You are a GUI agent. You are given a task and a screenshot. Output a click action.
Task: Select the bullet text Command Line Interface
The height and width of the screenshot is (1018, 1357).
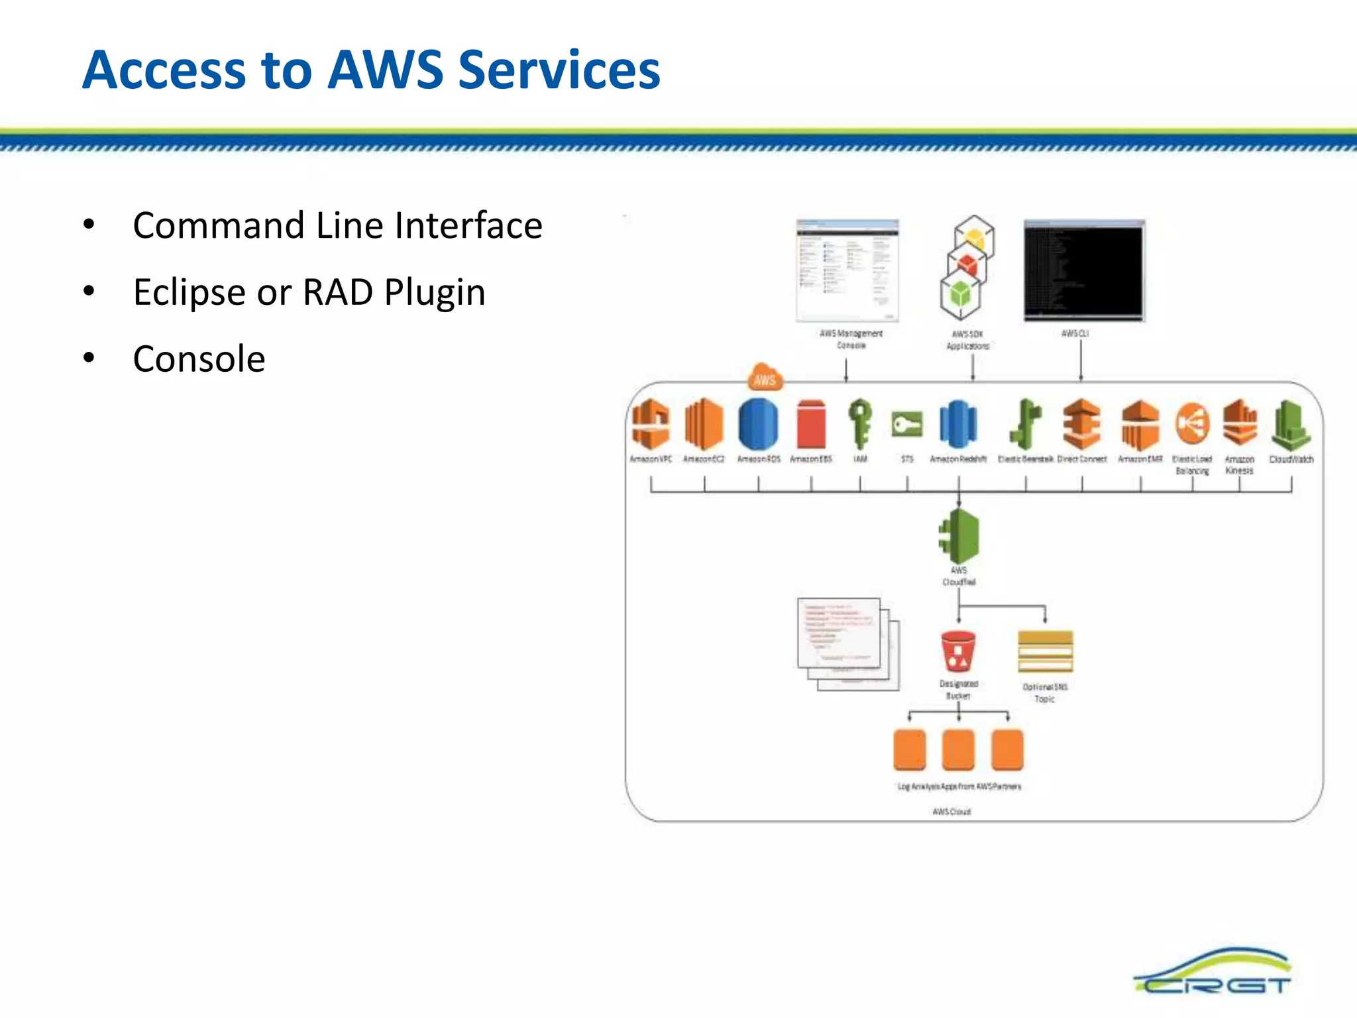click(337, 225)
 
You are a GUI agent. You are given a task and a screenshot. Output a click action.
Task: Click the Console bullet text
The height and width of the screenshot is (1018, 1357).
click(199, 359)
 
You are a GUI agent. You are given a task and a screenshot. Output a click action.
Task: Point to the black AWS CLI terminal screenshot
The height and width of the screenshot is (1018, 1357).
click(1084, 270)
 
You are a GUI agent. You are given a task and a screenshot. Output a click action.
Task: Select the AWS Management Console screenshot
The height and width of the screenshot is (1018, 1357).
click(847, 270)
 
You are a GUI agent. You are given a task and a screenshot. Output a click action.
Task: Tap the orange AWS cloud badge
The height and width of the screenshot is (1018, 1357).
click(764, 378)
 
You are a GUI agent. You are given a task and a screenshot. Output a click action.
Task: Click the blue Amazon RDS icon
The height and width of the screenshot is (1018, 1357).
click(758, 424)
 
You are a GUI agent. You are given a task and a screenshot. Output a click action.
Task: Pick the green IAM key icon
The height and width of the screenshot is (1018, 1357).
click(859, 423)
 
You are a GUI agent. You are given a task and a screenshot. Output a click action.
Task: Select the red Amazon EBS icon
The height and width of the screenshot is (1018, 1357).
click(811, 424)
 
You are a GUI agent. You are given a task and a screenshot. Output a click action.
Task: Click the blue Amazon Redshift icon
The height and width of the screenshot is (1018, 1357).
click(958, 424)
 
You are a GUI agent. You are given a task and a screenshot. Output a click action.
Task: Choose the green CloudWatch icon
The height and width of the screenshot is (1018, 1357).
click(1290, 424)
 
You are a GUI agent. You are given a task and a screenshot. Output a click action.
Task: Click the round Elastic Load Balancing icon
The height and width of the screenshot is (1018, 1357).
click(1192, 424)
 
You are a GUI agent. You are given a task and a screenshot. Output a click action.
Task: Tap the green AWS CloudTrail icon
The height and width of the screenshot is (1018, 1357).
click(959, 536)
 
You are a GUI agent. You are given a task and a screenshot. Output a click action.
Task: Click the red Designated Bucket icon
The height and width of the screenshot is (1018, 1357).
click(958, 651)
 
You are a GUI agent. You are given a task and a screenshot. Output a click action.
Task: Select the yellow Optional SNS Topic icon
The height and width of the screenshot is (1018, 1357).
click(1045, 651)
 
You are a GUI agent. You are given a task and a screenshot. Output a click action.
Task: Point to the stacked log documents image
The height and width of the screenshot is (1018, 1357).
click(848, 643)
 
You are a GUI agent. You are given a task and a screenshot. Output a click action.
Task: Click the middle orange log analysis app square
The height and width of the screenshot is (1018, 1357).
click(958, 750)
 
